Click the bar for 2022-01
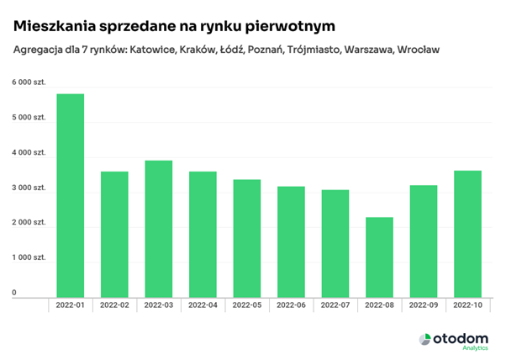[70, 195]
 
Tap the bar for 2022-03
[158, 228]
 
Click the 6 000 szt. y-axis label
[28, 82]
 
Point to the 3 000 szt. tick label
[28, 187]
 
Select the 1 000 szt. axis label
[28, 257]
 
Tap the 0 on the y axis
[14, 293]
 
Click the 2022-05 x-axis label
[246, 305]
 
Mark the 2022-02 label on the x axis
[114, 305]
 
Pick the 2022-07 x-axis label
[335, 305]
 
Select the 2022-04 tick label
[203, 305]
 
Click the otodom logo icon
[425, 338]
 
